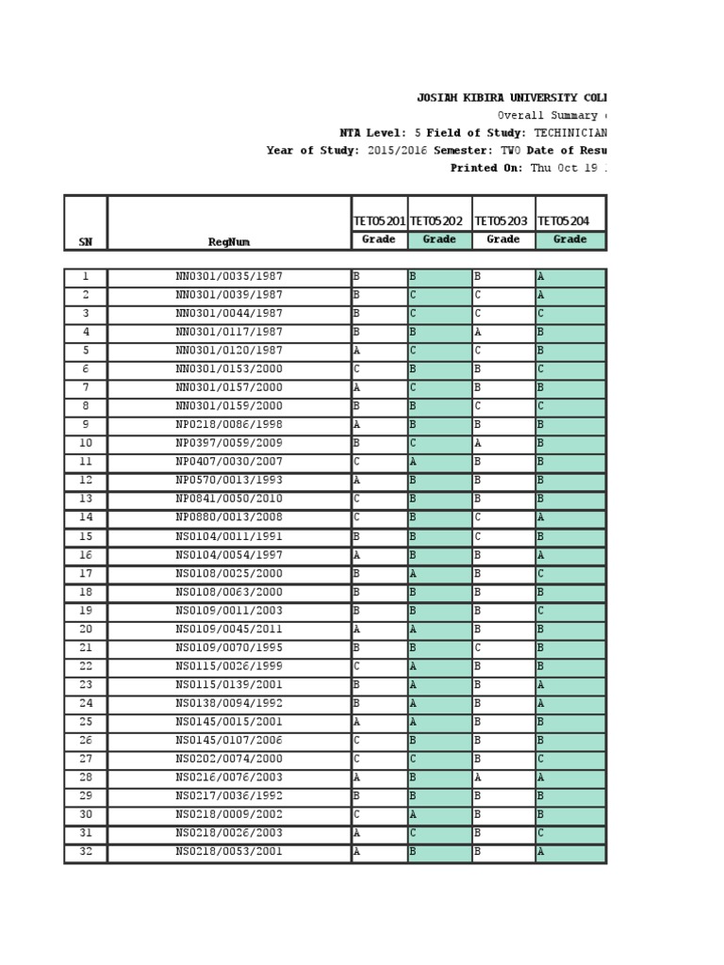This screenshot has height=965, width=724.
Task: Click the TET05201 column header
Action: click(379, 221)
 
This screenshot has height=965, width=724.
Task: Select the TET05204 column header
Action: click(564, 221)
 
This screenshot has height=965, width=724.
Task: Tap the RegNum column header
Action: click(229, 241)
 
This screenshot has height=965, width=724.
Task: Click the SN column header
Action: click(85, 241)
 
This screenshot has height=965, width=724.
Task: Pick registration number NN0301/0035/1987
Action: click(229, 277)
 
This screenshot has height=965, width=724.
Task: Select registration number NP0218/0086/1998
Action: click(229, 425)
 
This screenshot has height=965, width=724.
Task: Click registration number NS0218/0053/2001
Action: click(229, 852)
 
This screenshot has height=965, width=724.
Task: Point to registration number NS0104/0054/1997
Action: click(229, 555)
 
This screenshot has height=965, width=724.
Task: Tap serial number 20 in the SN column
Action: click(85, 630)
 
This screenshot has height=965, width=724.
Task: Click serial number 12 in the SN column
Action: click(85, 481)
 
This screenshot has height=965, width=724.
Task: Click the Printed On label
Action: click(486, 168)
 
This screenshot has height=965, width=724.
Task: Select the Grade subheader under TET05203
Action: click(502, 239)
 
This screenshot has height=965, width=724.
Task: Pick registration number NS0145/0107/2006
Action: click(229, 741)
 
